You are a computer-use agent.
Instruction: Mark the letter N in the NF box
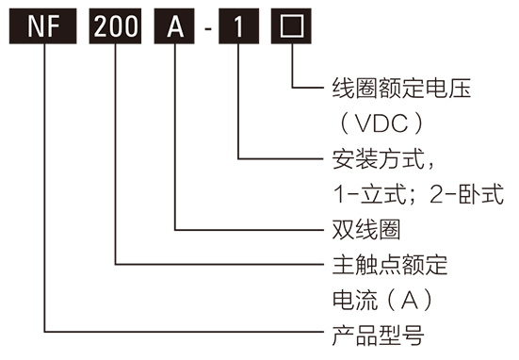pos(35,27)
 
